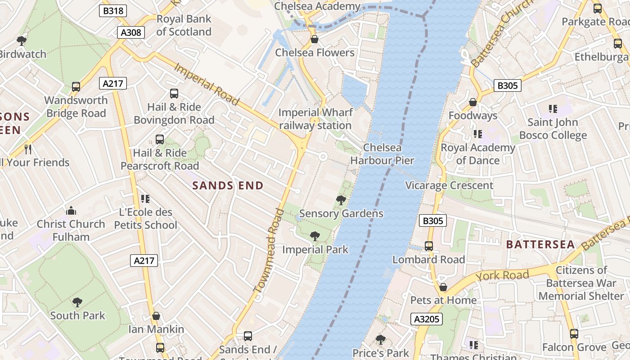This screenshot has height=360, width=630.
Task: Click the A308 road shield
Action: click(131, 32)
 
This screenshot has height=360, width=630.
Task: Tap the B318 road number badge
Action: click(113, 11)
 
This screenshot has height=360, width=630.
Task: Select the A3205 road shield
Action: click(427, 319)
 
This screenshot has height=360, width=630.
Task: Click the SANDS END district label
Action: click(228, 185)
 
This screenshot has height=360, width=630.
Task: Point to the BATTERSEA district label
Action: click(540, 244)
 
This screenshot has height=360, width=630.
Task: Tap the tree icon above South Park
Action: click(77, 302)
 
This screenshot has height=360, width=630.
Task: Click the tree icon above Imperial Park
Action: click(315, 236)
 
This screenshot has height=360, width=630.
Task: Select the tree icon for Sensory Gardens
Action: click(341, 200)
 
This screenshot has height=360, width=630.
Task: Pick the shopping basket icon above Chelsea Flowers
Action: click(315, 40)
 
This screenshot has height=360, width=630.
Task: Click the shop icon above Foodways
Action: click(473, 103)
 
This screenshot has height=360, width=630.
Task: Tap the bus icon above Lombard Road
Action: click(429, 246)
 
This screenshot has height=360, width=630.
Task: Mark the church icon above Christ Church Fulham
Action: click(71, 211)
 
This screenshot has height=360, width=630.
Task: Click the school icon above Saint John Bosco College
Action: click(553, 108)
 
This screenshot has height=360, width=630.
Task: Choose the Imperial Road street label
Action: click(206, 84)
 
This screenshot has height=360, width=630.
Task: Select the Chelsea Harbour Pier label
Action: click(382, 154)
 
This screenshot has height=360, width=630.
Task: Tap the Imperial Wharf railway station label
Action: click(315, 119)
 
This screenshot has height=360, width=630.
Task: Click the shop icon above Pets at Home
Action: click(443, 287)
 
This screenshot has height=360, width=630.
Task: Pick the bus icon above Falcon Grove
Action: click(574, 334)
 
